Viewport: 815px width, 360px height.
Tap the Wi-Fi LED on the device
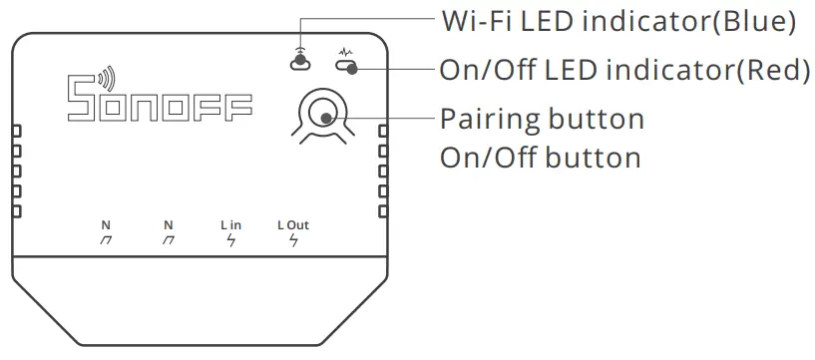(298, 64)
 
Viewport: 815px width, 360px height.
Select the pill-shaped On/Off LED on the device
(346, 68)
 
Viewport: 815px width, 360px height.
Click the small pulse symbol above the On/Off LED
(346, 52)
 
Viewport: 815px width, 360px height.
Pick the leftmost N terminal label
(106, 225)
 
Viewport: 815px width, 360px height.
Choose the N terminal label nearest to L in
(168, 225)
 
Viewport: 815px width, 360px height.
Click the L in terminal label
(230, 225)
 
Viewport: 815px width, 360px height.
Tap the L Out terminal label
(293, 225)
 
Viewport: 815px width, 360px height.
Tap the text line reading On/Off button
(540, 158)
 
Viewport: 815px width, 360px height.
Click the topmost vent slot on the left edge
(16, 130)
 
